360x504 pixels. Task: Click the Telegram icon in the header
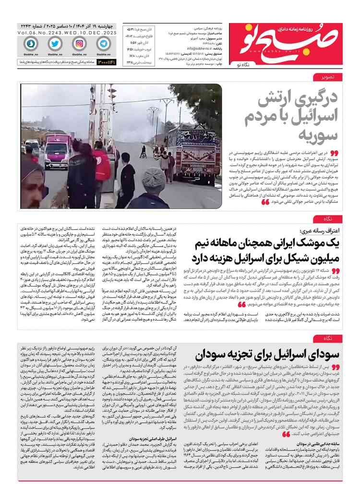[x=103, y=43]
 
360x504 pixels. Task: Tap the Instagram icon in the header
[x=79, y=43]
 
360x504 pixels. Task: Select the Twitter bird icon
[x=55, y=43]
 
